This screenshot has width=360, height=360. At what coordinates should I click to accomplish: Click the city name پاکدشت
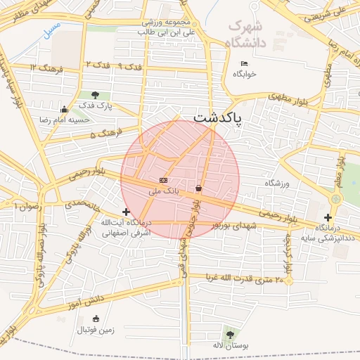[217, 118]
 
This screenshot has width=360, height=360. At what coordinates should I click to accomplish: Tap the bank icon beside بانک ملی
[164, 181]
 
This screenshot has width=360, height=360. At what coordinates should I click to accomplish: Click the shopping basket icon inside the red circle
[199, 188]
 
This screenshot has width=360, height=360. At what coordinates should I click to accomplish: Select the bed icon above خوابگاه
[244, 64]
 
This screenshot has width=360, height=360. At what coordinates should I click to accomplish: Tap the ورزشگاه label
[276, 183]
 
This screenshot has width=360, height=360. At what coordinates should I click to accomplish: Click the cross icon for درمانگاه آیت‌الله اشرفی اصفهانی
[127, 212]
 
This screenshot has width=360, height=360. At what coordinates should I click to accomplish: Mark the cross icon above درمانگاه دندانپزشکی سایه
[328, 217]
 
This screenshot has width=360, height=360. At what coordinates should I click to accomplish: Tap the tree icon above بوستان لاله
[229, 334]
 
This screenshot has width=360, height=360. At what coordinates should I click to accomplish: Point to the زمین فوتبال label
[95, 329]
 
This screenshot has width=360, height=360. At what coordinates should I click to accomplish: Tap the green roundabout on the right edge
[335, 199]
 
